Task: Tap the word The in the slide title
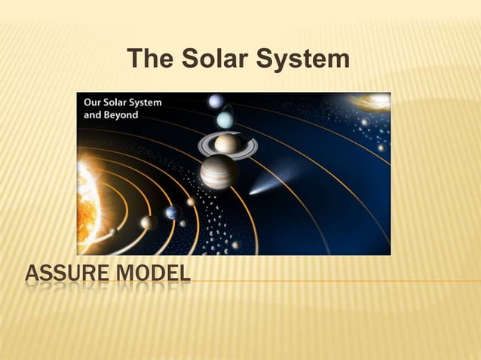pyautogui.click(x=147, y=58)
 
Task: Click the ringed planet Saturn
pyautogui.click(x=227, y=143)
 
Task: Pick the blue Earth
pyautogui.click(x=172, y=213)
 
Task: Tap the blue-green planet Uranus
pyautogui.click(x=225, y=120)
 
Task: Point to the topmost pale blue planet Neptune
pyautogui.click(x=216, y=101)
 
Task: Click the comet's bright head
pyautogui.click(x=254, y=191)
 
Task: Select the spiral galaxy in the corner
pyautogui.click(x=372, y=101)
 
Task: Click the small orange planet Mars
pyautogui.click(x=191, y=201)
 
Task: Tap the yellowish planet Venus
pyautogui.click(x=149, y=222)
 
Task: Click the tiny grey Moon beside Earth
pyautogui.click(x=182, y=223)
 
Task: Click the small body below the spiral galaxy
pyautogui.click(x=364, y=122)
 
